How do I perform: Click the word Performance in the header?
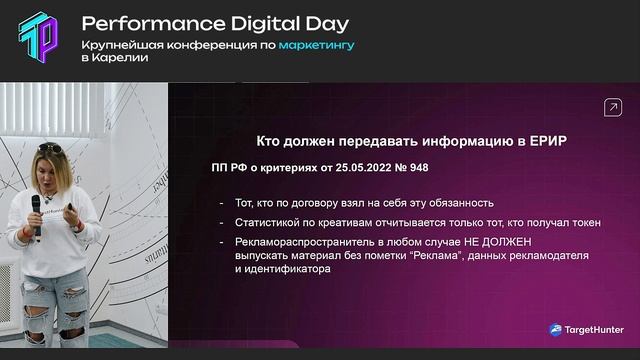tap(135, 23)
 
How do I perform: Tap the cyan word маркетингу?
tap(318, 44)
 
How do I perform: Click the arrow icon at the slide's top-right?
tap(611, 107)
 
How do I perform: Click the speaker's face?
tap(51, 171)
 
